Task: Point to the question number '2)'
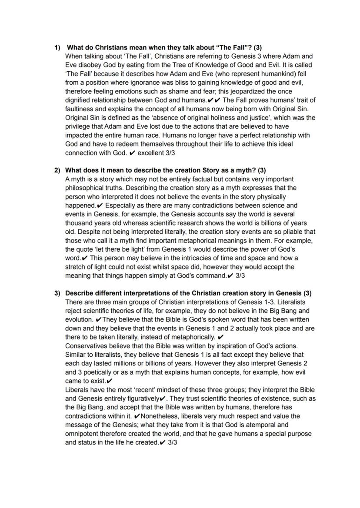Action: tap(57, 170)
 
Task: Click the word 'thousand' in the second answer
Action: tap(78, 223)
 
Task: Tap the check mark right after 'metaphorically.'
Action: tap(220, 337)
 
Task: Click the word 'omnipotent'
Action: tap(82, 434)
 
